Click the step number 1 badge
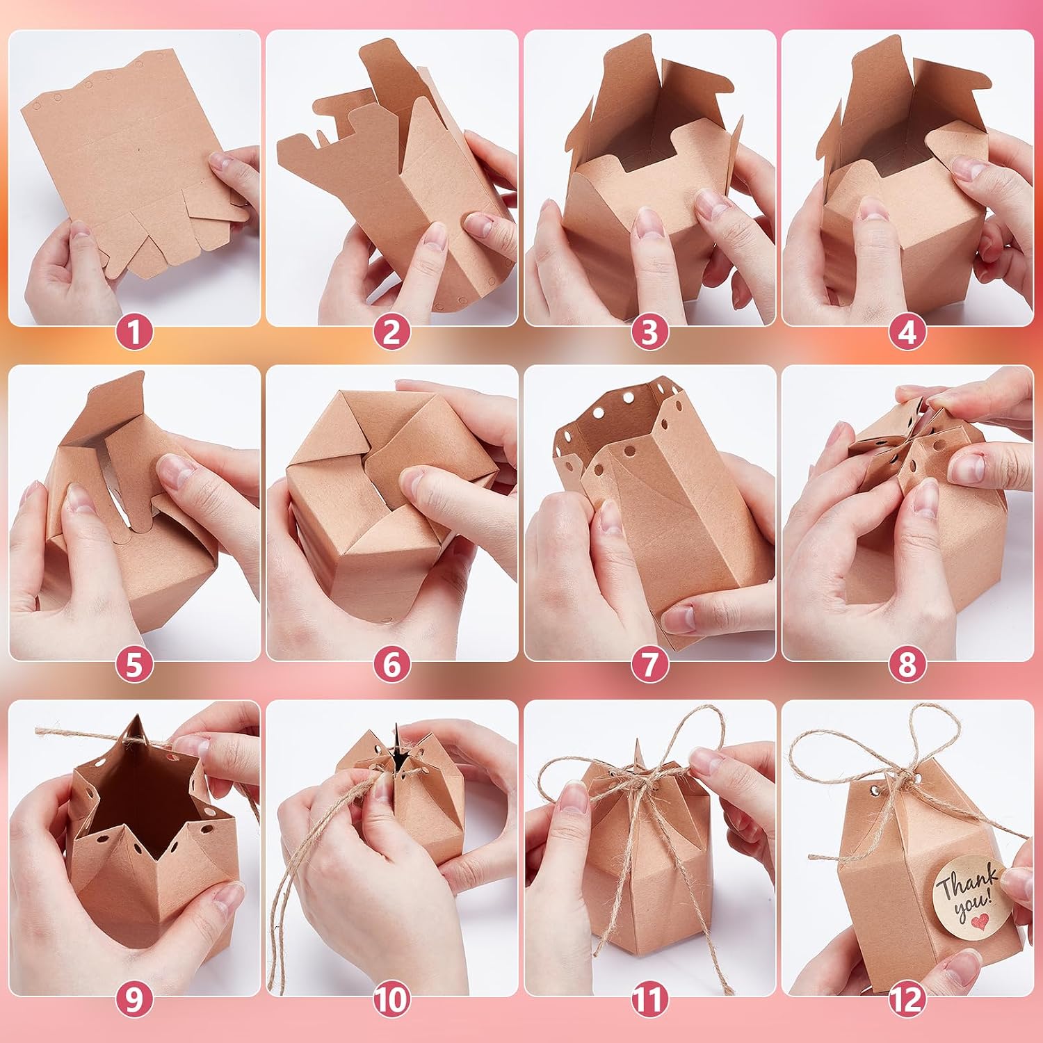click(134, 333)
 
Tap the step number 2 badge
click(391, 333)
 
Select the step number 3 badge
click(649, 333)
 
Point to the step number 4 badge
click(907, 333)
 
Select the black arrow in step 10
click(399, 747)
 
